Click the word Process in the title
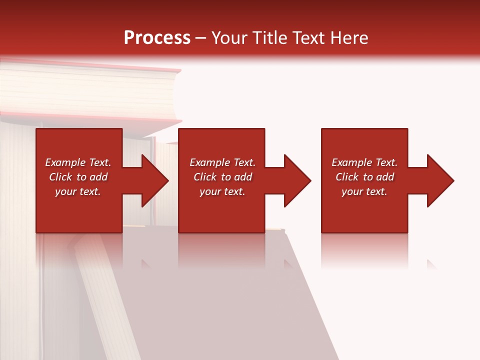[157, 38]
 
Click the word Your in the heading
[230, 38]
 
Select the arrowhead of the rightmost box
[439, 180]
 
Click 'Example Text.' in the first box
[78, 162]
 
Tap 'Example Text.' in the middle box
[222, 162]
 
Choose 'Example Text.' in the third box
[364, 162]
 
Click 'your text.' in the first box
[78, 191]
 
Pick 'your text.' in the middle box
[222, 191]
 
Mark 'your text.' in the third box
[364, 191]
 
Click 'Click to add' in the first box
[78, 177]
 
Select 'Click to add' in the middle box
[222, 177]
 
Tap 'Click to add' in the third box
[364, 177]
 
